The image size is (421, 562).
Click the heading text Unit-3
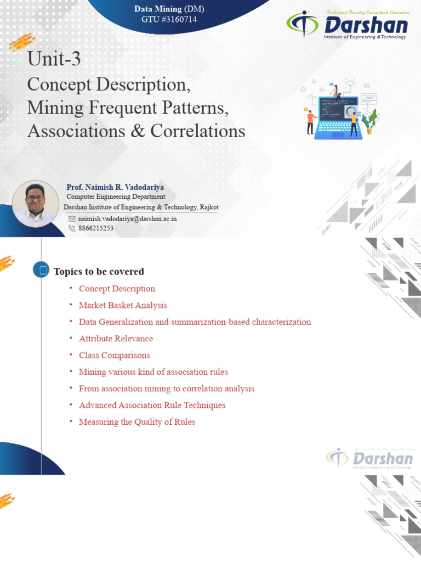(x=54, y=59)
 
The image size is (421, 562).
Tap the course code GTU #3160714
(x=169, y=20)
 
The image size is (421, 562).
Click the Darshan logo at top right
(x=347, y=25)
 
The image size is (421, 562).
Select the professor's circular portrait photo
(x=35, y=204)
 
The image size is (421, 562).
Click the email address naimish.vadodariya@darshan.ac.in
(x=128, y=218)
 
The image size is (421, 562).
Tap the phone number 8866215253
(x=96, y=228)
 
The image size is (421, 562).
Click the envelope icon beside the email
(x=72, y=218)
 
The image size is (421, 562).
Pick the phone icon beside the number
(x=72, y=228)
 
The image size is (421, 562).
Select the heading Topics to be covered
(x=99, y=272)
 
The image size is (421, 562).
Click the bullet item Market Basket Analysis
(x=123, y=305)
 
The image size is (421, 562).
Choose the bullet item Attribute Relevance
(x=116, y=339)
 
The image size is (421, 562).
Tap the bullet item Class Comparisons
(x=114, y=355)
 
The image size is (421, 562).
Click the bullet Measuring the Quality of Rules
(x=137, y=422)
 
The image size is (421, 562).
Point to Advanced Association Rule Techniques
(x=152, y=405)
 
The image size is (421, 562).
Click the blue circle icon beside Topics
(x=41, y=269)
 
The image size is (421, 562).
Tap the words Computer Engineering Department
(x=116, y=196)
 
